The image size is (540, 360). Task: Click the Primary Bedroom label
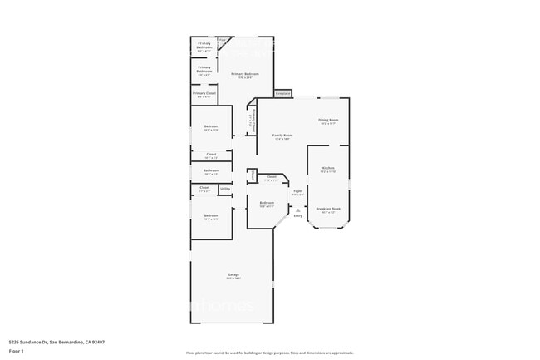(x=245, y=74)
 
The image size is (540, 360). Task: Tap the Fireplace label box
(x=283, y=92)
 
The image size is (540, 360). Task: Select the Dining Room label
(x=327, y=120)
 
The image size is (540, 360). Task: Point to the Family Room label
(x=282, y=135)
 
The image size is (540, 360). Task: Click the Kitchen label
(x=328, y=169)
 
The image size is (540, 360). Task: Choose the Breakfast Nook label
(x=328, y=209)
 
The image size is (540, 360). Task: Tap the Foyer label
(x=297, y=191)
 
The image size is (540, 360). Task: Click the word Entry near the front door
(x=297, y=216)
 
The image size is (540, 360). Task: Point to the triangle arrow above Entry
(x=297, y=210)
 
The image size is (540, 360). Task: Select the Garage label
(x=233, y=274)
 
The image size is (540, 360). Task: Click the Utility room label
(x=224, y=189)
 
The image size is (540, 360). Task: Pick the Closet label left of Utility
(x=204, y=188)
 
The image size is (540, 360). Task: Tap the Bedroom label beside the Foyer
(x=267, y=203)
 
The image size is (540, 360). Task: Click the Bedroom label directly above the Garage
(x=211, y=216)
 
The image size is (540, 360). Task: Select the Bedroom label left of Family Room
(x=211, y=127)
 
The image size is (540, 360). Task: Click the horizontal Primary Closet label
(x=204, y=93)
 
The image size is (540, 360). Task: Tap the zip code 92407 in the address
(x=98, y=342)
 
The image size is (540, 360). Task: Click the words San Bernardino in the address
(x=66, y=342)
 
